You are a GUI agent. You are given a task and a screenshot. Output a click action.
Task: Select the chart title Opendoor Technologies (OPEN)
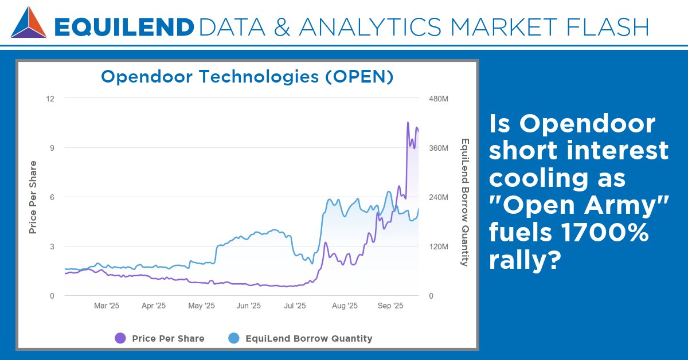pos(247,77)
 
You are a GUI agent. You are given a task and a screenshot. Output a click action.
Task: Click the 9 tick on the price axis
pos(52,148)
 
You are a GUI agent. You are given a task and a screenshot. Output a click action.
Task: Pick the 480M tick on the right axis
pos(439,99)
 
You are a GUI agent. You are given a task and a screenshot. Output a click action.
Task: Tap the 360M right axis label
pos(439,148)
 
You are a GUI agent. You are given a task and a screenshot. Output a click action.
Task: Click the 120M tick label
pos(439,246)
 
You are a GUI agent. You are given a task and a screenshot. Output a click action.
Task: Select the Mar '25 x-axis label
pos(107,306)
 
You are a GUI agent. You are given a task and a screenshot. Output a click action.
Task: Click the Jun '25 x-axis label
pos(249,306)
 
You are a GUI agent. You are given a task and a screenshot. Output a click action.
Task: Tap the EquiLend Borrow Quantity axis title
pos(465,202)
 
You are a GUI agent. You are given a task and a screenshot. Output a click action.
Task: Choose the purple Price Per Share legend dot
pos(120,338)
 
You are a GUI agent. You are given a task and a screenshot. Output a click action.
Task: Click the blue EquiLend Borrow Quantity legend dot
pos(234,338)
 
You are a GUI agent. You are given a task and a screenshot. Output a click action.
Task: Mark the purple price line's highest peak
pos(408,123)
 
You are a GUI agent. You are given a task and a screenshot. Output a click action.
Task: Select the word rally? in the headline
pos(525,261)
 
